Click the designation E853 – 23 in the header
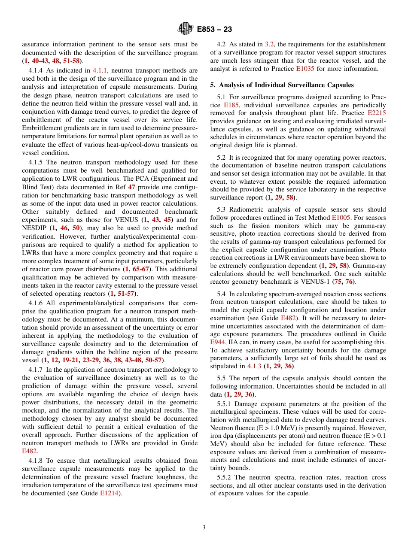[x=214, y=29]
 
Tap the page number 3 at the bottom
[x=204, y=527]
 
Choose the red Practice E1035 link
[x=304, y=69]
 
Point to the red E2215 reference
[x=377, y=113]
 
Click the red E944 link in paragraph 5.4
[x=217, y=342]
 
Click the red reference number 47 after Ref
[x=132, y=187]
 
